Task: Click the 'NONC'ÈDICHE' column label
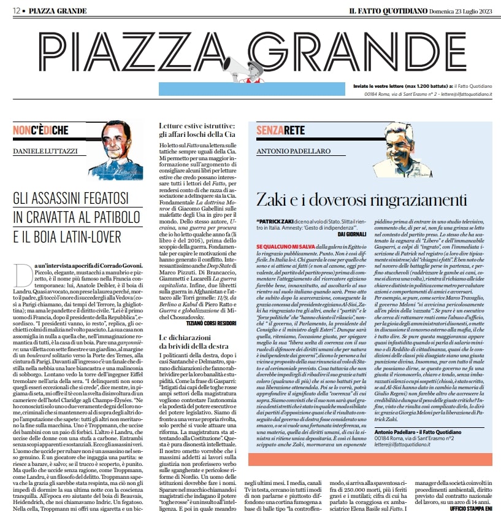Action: [x=40, y=130]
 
